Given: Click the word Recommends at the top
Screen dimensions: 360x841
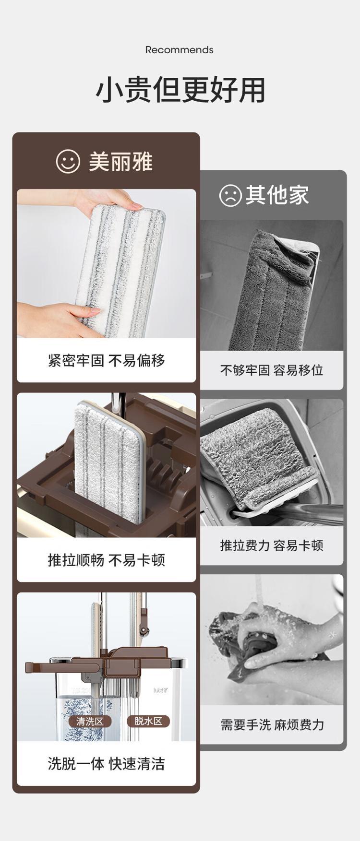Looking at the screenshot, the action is [180, 50].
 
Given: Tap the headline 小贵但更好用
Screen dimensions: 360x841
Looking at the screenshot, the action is [180, 90].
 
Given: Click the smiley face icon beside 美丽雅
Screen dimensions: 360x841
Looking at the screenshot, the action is [68, 161].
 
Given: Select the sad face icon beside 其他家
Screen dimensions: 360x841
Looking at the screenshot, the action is [230, 195].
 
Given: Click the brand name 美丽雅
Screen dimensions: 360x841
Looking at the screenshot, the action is [120, 161].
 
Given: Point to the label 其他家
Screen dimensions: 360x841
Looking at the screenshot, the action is [277, 195].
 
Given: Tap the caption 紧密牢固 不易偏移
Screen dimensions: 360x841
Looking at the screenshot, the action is [107, 360].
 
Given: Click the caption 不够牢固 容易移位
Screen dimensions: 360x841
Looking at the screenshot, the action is [272, 370].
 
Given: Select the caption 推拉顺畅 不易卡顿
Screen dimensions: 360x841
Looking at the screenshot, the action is [107, 560].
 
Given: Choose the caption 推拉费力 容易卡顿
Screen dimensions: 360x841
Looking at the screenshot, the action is [272, 545].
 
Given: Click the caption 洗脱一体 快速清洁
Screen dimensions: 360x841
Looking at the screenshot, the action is [107, 763].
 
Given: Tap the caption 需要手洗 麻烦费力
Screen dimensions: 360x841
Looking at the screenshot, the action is [272, 724].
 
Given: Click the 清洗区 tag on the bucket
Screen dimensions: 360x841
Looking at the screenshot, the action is [90, 721].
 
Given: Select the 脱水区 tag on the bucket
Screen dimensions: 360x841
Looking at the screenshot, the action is [148, 721].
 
